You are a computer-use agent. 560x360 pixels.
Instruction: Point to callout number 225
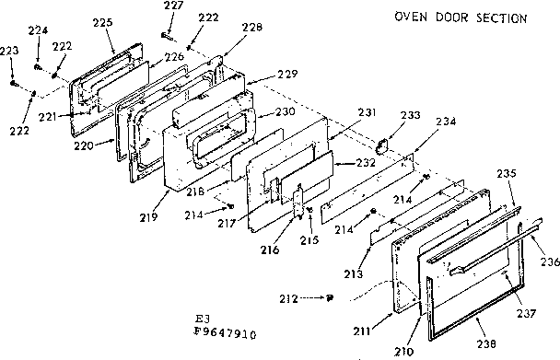click(x=103, y=21)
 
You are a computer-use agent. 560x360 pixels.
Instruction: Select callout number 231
click(x=367, y=112)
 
